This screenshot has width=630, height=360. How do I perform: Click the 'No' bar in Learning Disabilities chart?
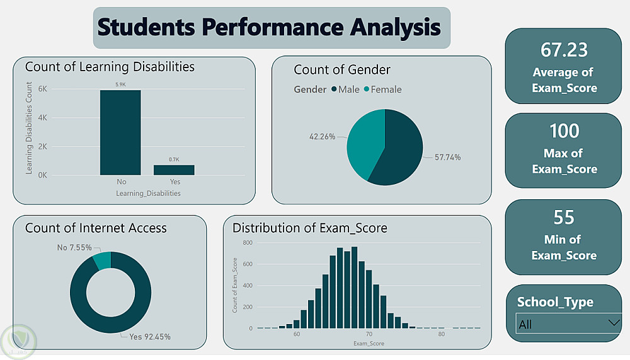tap(120, 132)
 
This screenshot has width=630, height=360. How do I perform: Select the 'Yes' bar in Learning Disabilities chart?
tap(174, 170)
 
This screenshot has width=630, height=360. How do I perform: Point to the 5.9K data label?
tap(120, 84)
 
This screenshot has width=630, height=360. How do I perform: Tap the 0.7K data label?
tap(174, 160)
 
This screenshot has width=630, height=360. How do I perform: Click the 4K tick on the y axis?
tap(43, 118)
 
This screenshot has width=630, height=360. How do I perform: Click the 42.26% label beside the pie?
tap(322, 136)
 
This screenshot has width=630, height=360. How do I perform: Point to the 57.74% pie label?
tap(447, 157)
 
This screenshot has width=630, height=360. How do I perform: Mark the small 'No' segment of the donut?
tap(101, 260)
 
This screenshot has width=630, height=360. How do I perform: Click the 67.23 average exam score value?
tap(563, 50)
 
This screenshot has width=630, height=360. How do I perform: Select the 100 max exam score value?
tap(564, 131)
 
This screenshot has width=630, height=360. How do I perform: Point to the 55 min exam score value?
tap(564, 218)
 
